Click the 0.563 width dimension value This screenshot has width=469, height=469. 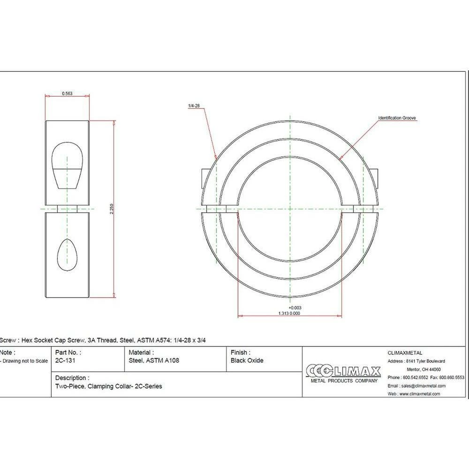67,94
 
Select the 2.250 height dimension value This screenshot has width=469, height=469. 112,209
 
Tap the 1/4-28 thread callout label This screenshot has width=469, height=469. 194,106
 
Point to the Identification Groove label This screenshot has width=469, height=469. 397,118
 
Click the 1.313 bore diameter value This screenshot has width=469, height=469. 283,313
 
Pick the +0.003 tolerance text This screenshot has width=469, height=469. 295,308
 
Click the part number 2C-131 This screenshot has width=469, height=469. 65,360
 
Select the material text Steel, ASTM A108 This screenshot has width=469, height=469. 154,361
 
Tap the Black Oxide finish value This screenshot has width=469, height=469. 247,360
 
